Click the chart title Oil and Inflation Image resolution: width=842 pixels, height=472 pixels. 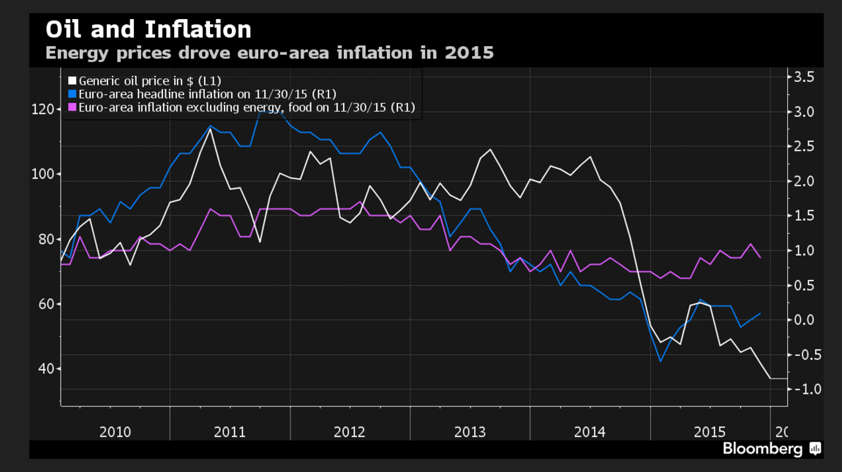pyautogui.click(x=149, y=29)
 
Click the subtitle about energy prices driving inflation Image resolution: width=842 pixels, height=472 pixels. pyautogui.click(x=269, y=53)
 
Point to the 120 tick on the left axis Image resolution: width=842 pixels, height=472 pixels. pyautogui.click(x=42, y=110)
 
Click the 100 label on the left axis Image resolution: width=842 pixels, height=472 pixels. pyautogui.click(x=42, y=174)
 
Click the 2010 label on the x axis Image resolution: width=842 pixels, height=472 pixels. pyautogui.click(x=115, y=432)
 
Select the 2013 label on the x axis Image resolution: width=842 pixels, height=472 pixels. pyautogui.click(x=470, y=432)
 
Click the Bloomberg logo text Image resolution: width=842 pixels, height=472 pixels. pyautogui.click(x=762, y=449)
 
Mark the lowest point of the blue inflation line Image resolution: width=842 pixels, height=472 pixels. pyautogui.click(x=661, y=361)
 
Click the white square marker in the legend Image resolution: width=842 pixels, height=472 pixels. pyautogui.click(x=72, y=80)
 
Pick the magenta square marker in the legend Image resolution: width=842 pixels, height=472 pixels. pyautogui.click(x=72, y=107)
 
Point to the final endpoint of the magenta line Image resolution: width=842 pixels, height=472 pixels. pyautogui.click(x=761, y=257)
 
